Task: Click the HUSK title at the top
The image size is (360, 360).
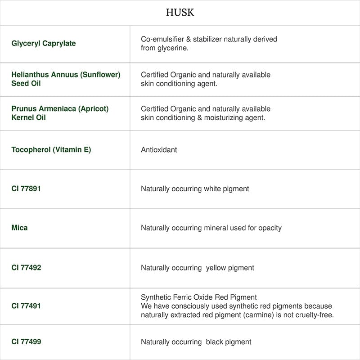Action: click(180, 13)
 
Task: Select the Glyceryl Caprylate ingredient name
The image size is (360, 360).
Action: click(44, 44)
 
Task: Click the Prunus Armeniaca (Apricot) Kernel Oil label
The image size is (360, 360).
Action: click(60, 113)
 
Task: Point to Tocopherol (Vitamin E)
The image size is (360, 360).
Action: click(51, 150)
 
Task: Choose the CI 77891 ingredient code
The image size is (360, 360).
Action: click(26, 189)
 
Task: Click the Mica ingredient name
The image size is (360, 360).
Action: click(19, 228)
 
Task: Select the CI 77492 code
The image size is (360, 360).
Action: click(26, 268)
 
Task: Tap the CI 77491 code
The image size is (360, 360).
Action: click(26, 306)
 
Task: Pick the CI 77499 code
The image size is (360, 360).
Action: click(26, 342)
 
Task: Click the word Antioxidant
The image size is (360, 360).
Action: click(159, 150)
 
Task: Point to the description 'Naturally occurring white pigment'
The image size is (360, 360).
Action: click(195, 189)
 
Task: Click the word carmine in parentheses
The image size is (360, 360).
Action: click(252, 315)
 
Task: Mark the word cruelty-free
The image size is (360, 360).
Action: click(314, 315)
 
